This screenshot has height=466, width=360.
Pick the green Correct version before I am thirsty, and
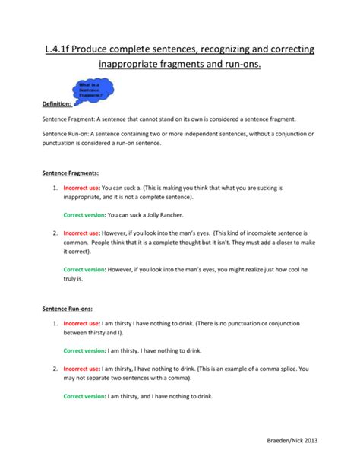pos(84,396)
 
